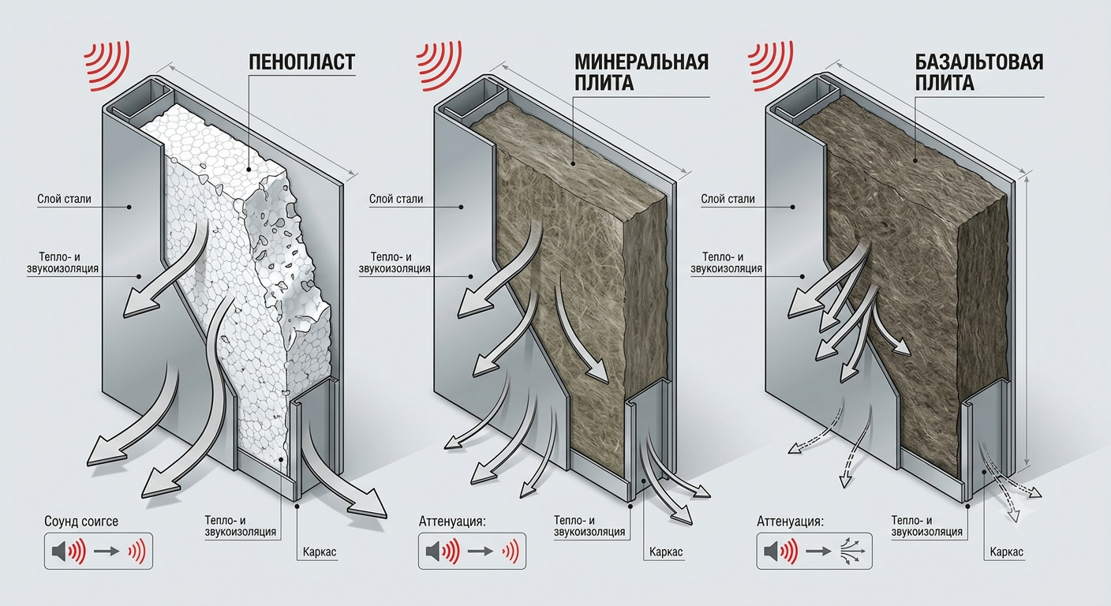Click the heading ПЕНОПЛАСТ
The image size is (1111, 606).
click(301, 62)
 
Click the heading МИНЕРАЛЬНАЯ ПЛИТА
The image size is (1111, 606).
click(642, 73)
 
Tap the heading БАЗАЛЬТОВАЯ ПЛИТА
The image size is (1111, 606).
click(979, 73)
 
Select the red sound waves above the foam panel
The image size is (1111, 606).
click(107, 66)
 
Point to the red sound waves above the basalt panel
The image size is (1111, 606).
click(771, 66)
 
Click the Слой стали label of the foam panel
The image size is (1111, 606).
click(64, 199)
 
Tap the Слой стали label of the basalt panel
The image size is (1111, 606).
click(728, 199)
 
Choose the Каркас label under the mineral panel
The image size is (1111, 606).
click(666, 552)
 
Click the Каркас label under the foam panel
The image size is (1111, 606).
click(319, 552)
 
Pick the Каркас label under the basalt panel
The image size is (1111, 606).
click(1006, 552)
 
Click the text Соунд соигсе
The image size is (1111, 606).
click(81, 522)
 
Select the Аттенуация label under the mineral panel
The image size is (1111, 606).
click(453, 522)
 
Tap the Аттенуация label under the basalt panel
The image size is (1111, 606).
click(791, 522)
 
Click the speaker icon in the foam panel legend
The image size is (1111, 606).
click(59, 552)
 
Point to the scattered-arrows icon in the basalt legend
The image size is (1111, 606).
click(853, 552)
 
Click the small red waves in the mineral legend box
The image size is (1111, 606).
click(511, 552)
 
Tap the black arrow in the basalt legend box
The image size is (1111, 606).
click(818, 552)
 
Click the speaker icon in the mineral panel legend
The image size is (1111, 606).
click(433, 552)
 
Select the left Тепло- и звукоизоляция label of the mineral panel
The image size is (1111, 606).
click(395, 263)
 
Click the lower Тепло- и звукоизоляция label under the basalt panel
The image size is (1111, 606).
click(926, 526)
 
